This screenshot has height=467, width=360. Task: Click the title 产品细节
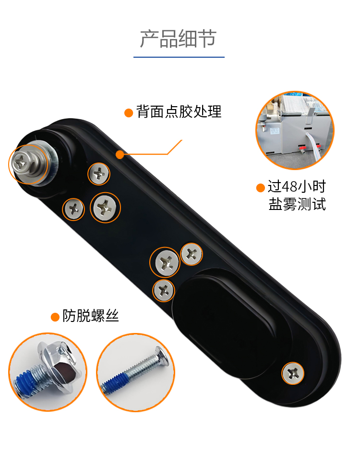[x=178, y=39]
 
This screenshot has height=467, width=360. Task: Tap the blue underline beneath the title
[x=179, y=57]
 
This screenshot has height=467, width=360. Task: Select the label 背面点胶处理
[x=179, y=111]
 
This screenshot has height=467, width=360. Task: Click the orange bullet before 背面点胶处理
[x=129, y=113]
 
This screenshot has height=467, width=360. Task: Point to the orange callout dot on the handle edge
[x=120, y=154]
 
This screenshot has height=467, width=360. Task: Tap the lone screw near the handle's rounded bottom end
[x=293, y=373]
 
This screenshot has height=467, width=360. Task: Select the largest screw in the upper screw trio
[x=105, y=208]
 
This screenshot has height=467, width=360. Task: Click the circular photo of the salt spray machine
[x=295, y=131]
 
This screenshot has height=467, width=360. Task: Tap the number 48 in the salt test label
[x=289, y=187]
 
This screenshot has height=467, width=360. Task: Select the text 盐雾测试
[x=297, y=204]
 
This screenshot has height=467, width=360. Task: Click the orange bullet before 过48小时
[x=260, y=188]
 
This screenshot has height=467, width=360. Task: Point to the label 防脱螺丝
[x=90, y=316]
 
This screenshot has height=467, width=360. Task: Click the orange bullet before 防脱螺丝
[x=55, y=317]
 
